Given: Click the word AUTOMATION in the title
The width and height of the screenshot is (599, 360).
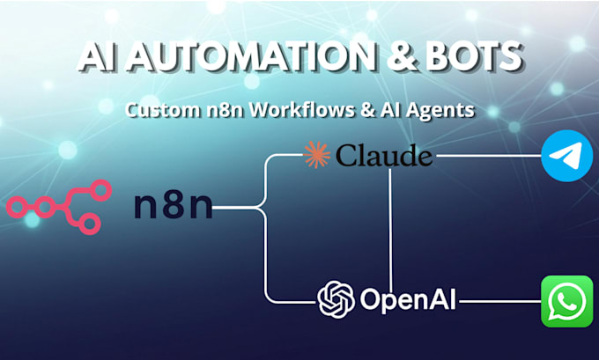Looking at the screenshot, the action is point(251,56).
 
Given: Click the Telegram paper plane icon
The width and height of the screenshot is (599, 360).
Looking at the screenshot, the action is point(567,156).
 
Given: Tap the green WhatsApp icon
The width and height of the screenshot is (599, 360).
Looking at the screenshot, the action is point(567,301).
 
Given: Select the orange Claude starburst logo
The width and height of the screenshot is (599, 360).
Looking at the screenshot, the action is point(317,155).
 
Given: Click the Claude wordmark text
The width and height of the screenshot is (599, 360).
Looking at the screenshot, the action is point(384,156).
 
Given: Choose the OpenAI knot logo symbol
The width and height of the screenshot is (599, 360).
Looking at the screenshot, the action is point(336,299).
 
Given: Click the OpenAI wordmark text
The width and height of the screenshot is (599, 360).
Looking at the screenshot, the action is point(408,299).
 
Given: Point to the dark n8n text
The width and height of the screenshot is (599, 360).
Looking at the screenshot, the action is point(173,206).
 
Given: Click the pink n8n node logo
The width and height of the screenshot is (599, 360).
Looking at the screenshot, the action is point(59,207).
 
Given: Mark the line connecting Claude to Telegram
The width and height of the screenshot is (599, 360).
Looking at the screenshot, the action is point(489,156).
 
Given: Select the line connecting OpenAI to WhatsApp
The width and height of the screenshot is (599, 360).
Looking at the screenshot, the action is point(500,301).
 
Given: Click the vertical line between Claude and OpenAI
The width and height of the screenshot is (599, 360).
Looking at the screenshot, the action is point(390,231).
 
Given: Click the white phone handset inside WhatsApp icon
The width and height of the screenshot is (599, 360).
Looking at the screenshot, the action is point(567,300).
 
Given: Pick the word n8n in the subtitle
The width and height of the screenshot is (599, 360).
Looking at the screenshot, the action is point(225,110).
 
